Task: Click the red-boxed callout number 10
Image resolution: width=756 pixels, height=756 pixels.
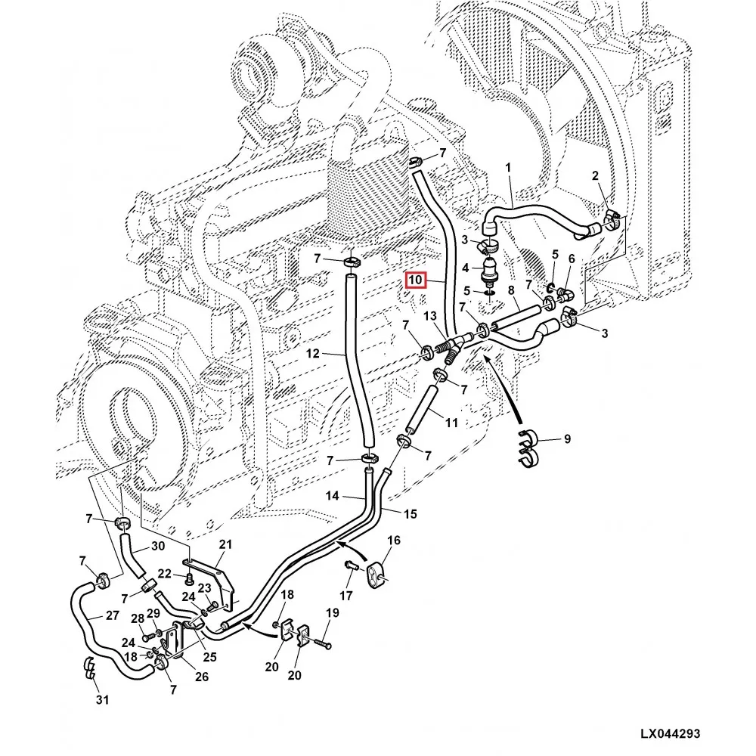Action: point(416,280)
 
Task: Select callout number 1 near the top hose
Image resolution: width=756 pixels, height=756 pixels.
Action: point(509,167)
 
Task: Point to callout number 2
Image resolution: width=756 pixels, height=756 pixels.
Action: point(595,176)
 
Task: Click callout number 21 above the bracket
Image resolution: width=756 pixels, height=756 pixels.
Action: point(225,545)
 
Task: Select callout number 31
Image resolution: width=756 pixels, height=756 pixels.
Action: point(102,700)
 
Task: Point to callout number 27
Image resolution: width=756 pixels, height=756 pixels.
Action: point(112,615)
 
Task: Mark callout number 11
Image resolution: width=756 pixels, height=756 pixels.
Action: point(451,423)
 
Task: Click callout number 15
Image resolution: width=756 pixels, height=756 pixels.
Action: point(409,515)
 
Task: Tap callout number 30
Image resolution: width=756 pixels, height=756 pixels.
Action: point(157,547)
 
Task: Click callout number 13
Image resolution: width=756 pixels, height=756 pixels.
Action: point(429,315)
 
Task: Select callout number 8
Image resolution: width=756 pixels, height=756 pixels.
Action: point(511,290)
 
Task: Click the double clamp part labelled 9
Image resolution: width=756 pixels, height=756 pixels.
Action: point(529,451)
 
